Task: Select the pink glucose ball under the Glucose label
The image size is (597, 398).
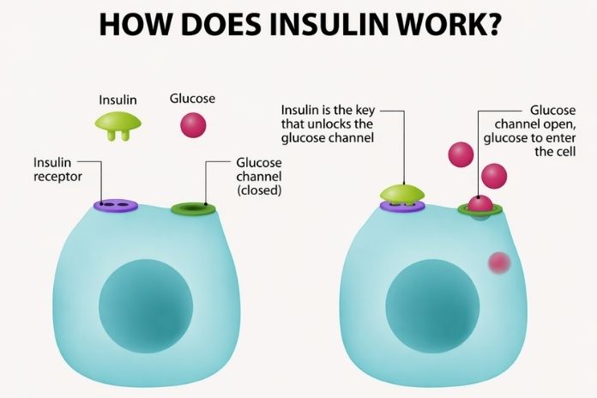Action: coord(192,125)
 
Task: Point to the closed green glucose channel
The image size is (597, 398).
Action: coord(193,208)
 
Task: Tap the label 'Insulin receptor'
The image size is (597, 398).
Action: coord(58,169)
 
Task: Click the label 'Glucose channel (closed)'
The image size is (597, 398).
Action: coord(258,176)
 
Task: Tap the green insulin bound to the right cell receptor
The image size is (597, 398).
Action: coord(403,193)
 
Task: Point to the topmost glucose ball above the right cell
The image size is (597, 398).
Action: coord(461,154)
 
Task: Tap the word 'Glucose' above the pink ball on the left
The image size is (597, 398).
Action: coord(192,99)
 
